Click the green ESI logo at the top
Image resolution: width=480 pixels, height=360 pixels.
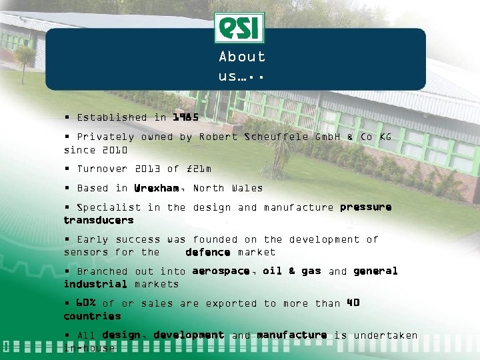point(239,28)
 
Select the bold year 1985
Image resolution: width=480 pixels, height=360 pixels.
point(185,117)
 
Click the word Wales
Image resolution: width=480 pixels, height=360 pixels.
point(247,189)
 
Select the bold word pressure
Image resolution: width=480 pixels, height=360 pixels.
point(365,207)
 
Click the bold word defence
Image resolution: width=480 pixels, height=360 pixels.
point(208,252)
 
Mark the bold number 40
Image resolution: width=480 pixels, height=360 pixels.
point(353,303)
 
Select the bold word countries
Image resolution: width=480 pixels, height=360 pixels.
point(92,316)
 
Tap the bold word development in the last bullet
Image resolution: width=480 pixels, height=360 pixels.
point(189,335)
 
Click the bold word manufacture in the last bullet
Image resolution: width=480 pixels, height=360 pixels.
point(292,335)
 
